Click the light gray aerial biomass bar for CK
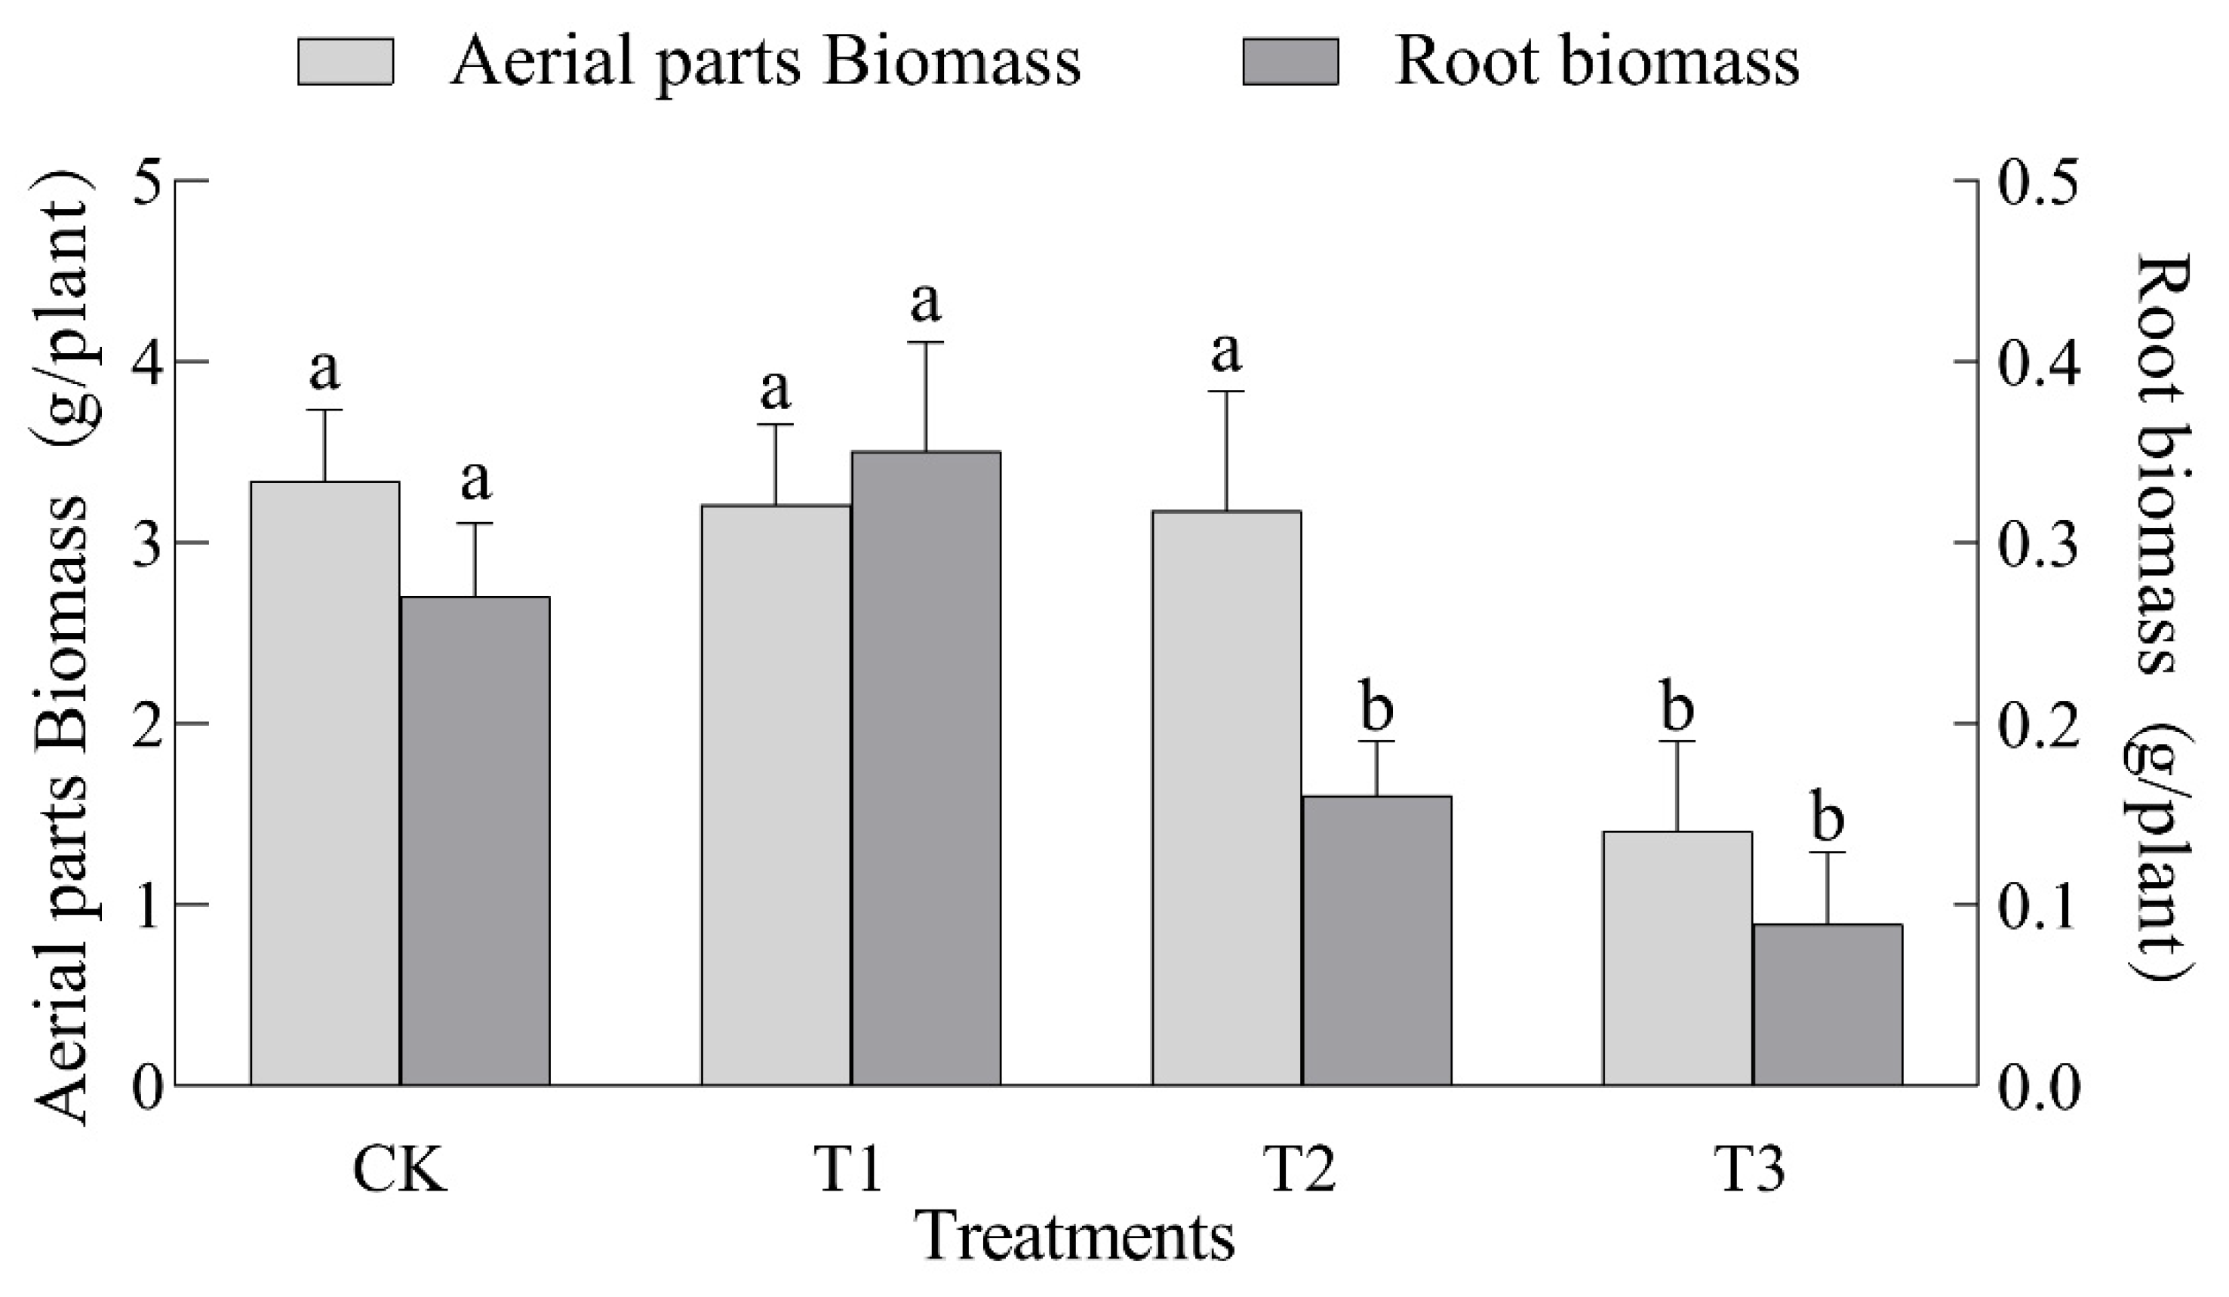pos(324,783)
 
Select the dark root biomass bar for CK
pos(475,841)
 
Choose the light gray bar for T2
pos(1226,797)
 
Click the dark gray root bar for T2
pos(1376,939)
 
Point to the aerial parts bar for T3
pos(1677,957)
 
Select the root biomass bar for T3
pos(1828,1004)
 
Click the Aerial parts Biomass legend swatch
pos(345,62)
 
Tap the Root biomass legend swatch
pos(1290,62)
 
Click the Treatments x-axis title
pos(1074,1237)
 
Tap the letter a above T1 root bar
pos(926,303)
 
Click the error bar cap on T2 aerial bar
pos(1226,391)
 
